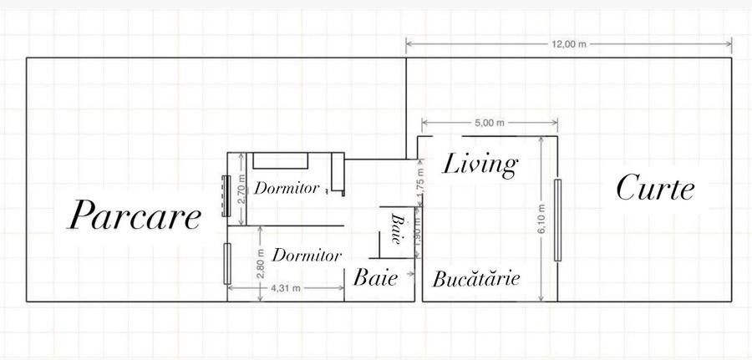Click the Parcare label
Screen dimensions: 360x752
(135, 216)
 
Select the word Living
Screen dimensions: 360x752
(479, 164)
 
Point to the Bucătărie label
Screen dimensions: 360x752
(476, 279)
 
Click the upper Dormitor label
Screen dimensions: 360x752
(287, 189)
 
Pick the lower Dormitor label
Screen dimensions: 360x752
(307, 253)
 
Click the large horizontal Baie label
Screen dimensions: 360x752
(375, 278)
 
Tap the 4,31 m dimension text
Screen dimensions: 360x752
(285, 287)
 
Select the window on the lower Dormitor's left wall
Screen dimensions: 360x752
(226, 263)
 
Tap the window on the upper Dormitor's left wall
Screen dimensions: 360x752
(225, 196)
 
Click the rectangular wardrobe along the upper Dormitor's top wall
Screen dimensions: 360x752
(282, 161)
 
